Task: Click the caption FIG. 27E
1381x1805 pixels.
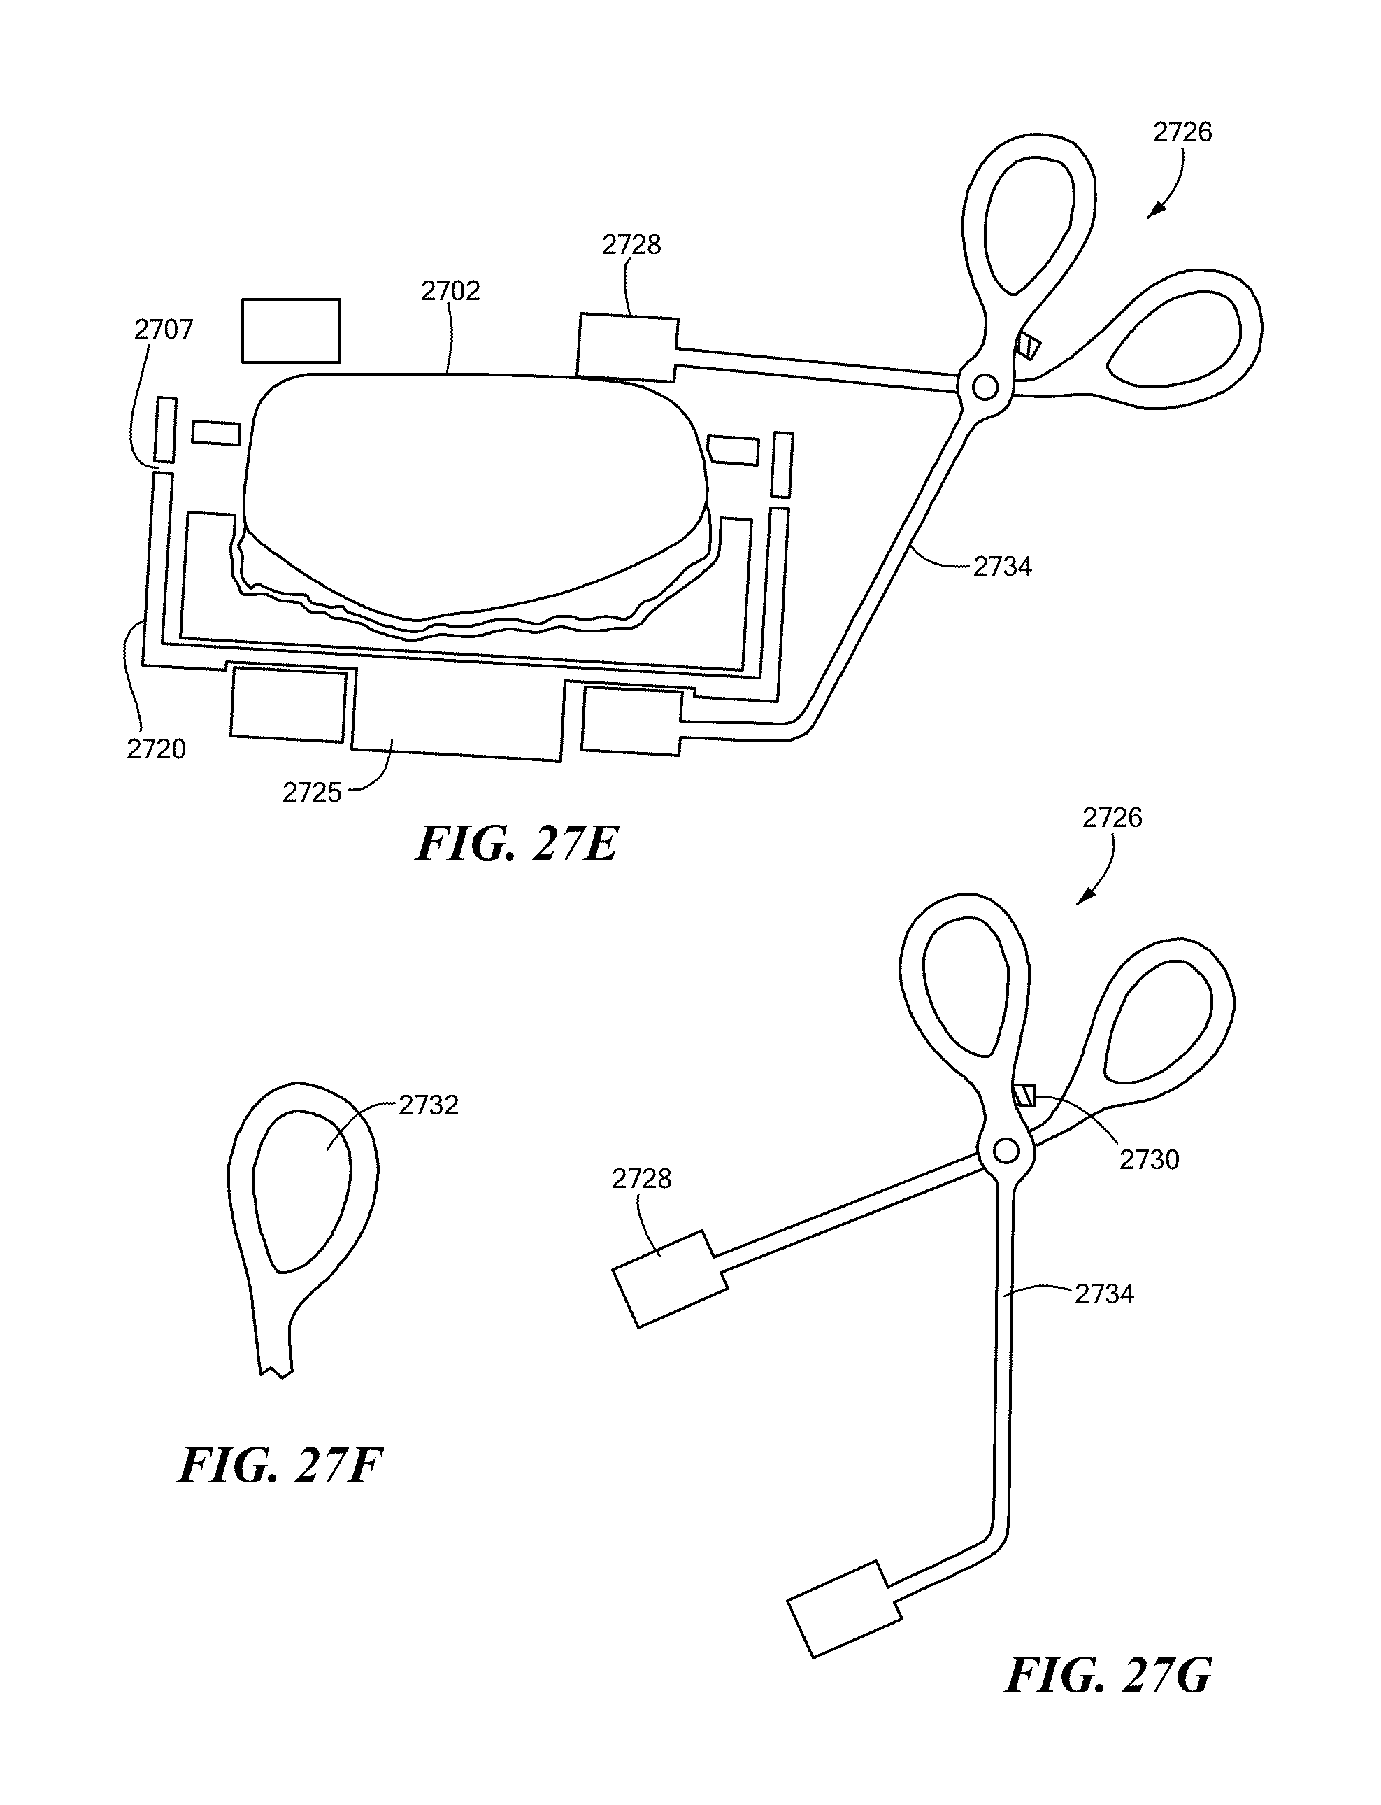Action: tap(516, 844)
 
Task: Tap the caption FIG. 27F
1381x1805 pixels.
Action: tap(280, 1466)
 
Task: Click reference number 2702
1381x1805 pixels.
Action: tap(450, 291)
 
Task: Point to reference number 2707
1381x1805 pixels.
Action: tap(164, 330)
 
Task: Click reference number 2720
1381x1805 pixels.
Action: tap(156, 749)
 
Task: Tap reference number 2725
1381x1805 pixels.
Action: tap(312, 793)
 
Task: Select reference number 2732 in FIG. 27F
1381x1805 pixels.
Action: tap(428, 1105)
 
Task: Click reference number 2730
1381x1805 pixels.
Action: tap(1149, 1159)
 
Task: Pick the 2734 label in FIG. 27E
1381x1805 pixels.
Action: tap(1002, 567)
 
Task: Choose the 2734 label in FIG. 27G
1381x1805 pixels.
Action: tap(1104, 1294)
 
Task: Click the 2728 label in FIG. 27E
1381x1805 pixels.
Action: tap(631, 245)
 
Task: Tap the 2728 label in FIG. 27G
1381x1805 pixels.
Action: tap(641, 1180)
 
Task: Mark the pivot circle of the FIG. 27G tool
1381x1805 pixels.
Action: tap(1006, 1152)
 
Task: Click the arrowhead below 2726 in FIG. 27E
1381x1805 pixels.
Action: tap(1156, 211)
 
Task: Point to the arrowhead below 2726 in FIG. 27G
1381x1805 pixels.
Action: tap(1085, 898)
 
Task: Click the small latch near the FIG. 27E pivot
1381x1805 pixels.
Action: tap(1027, 347)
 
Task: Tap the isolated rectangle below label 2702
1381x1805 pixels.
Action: tap(291, 331)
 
